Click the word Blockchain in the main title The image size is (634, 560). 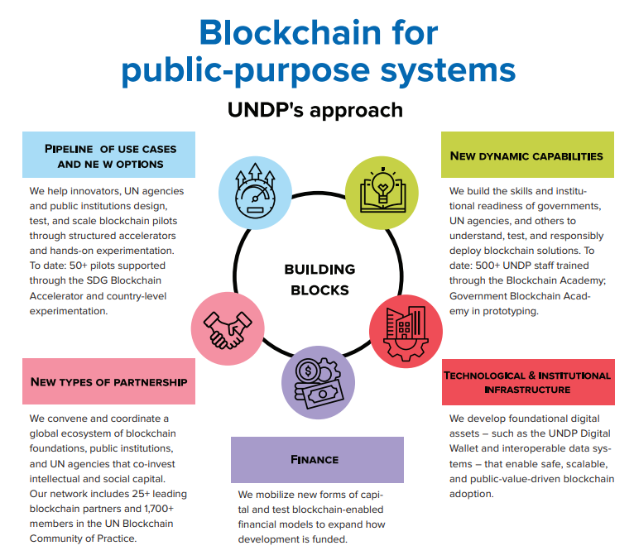click(291, 32)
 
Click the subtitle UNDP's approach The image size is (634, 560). click(315, 110)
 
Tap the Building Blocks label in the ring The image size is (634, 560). click(319, 280)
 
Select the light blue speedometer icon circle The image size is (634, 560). click(255, 193)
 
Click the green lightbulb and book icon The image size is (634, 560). click(382, 193)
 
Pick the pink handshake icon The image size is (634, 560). click(228, 328)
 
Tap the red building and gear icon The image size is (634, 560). click(406, 332)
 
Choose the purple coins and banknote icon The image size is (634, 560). click(318, 382)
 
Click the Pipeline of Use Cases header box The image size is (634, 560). click(108, 155)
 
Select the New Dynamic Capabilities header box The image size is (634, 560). click(527, 155)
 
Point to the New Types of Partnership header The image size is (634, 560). click(108, 381)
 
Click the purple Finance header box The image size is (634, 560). click(317, 460)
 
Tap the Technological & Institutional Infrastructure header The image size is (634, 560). click(528, 382)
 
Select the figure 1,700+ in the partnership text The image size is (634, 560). click(159, 508)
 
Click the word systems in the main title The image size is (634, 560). click(448, 70)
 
